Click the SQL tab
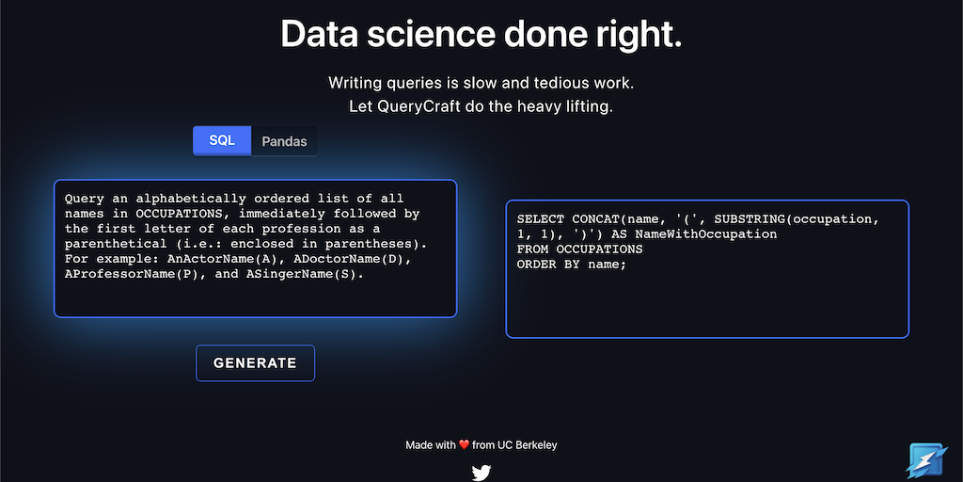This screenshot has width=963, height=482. pos(222,141)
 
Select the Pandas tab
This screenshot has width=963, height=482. pos(284,141)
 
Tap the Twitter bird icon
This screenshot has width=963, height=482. pos(481,473)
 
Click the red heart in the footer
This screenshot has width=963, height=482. pos(465,444)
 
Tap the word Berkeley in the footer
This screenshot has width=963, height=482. pos(537,444)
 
